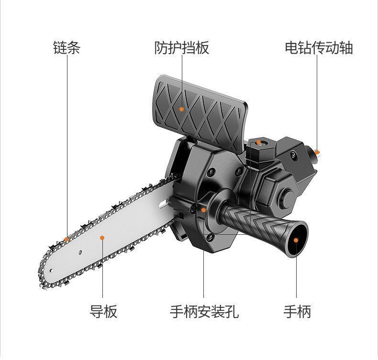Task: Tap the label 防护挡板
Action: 181,48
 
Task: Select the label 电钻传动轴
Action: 319,48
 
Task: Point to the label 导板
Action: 103,311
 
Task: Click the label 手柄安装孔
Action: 204,311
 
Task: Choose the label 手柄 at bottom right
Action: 297,311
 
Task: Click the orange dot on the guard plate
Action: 181,109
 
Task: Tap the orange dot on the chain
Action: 67,239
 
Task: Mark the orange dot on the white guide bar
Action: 102,237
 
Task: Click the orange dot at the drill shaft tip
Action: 317,153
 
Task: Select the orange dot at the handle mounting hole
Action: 204,210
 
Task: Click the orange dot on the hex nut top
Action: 258,142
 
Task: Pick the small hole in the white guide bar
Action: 80,252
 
